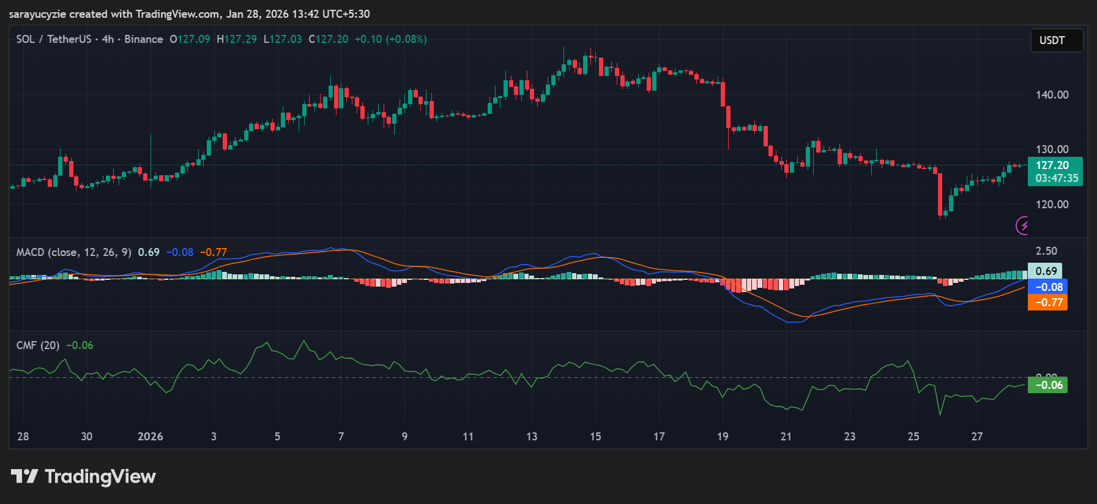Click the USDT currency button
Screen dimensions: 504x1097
pyautogui.click(x=1056, y=40)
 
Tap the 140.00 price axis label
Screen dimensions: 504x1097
pyautogui.click(x=1052, y=95)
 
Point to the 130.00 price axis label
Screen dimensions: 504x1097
pyautogui.click(x=1052, y=149)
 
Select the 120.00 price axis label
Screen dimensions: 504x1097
pyautogui.click(x=1052, y=205)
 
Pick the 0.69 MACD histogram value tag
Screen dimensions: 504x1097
pyautogui.click(x=1046, y=271)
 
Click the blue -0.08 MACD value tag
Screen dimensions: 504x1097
pyautogui.click(x=1048, y=287)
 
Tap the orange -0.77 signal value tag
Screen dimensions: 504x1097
pyautogui.click(x=1048, y=303)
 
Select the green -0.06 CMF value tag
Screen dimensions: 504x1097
pyautogui.click(x=1048, y=385)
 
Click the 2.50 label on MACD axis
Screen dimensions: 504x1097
pyautogui.click(x=1046, y=251)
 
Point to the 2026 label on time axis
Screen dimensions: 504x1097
pyautogui.click(x=150, y=437)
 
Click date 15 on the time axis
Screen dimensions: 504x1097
pyautogui.click(x=595, y=437)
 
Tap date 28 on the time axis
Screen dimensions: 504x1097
pyautogui.click(x=23, y=437)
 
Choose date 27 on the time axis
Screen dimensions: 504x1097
pyautogui.click(x=977, y=437)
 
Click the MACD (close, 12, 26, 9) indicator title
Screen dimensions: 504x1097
pyautogui.click(x=73, y=252)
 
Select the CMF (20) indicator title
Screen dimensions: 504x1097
pyautogui.click(x=38, y=345)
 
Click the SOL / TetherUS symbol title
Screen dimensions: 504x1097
pyautogui.click(x=54, y=39)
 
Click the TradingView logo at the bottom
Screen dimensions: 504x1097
pyautogui.click(x=84, y=476)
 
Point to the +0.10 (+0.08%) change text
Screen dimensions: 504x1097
pyautogui.click(x=391, y=39)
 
